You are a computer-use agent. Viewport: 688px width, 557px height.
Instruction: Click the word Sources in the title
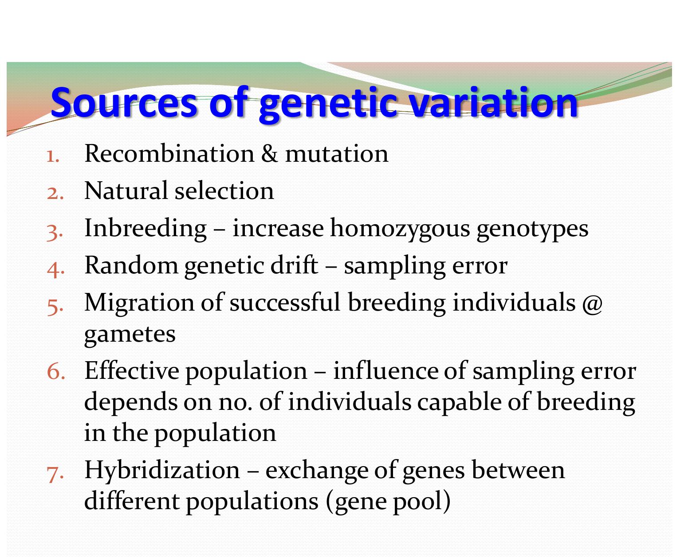pos(124,103)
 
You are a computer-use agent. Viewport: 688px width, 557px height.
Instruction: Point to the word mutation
pos(337,154)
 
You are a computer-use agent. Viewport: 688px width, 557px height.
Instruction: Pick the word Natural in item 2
pos(126,191)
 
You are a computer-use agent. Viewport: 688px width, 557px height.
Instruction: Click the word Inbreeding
pos(145,229)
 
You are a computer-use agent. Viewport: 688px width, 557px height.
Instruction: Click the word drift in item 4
pos(294,265)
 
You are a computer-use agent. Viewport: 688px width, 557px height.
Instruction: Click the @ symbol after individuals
pos(592,304)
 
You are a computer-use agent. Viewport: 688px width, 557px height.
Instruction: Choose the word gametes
pos(130,335)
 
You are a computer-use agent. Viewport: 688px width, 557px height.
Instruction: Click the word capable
pos(459,403)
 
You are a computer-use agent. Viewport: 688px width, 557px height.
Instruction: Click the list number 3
pos(55,232)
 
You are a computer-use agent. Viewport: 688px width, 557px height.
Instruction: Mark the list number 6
pos(55,372)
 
